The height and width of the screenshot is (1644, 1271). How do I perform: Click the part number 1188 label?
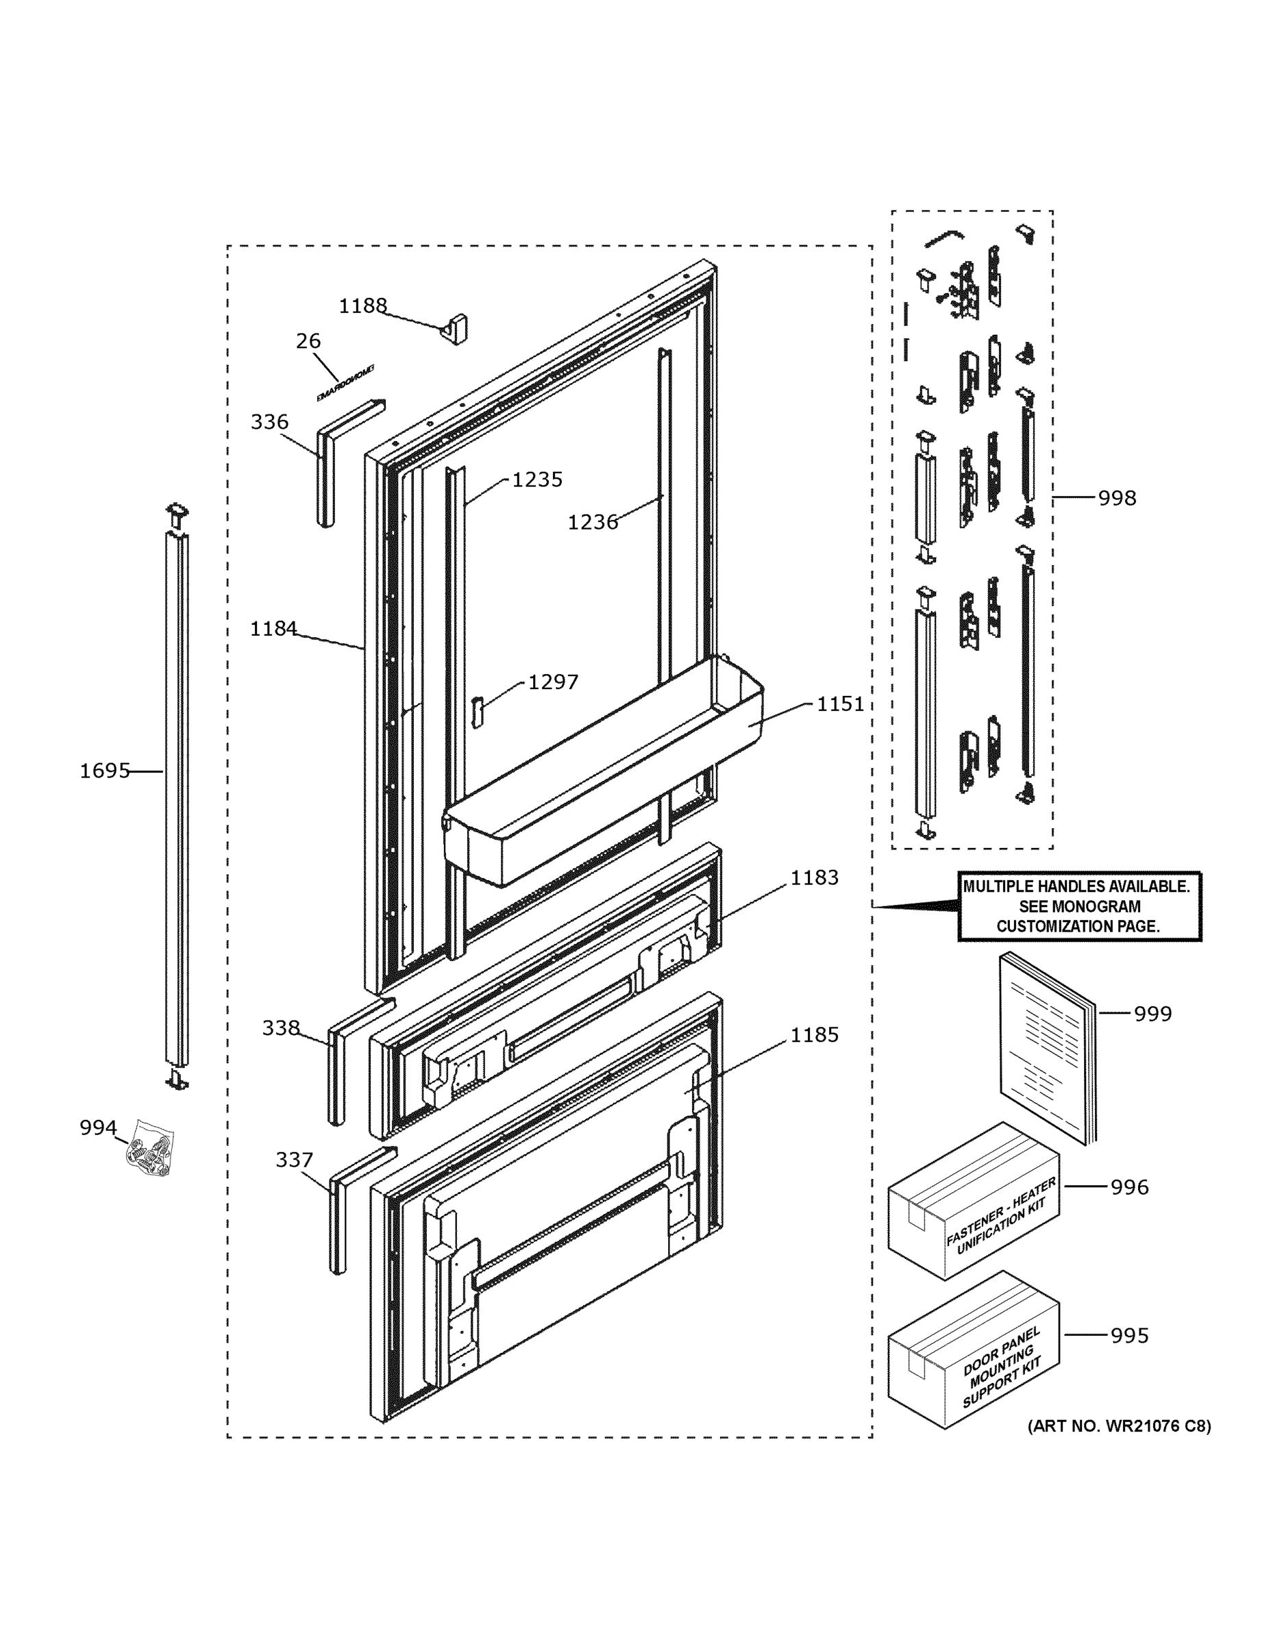pos(362,306)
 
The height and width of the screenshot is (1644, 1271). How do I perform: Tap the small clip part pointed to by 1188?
pos(455,329)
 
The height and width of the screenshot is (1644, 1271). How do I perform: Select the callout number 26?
pos(308,341)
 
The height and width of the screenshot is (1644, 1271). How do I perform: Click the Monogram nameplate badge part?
pos(345,384)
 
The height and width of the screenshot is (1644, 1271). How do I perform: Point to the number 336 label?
pos(269,421)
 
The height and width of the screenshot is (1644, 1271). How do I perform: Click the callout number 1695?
pos(105,771)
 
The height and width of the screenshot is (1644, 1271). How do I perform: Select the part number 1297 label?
pos(553,682)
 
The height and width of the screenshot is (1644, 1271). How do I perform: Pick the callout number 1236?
pos(592,522)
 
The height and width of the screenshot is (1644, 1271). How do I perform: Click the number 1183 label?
pos(814,877)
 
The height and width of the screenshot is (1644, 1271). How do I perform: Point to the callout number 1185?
pos(814,1035)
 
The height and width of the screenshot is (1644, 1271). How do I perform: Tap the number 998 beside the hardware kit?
pos(1117,497)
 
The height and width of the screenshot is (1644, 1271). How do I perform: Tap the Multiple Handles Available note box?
pos(1079,906)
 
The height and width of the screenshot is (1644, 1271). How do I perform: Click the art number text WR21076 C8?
pos(1119,1426)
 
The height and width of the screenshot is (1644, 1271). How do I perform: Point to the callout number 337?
pos(294,1160)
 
